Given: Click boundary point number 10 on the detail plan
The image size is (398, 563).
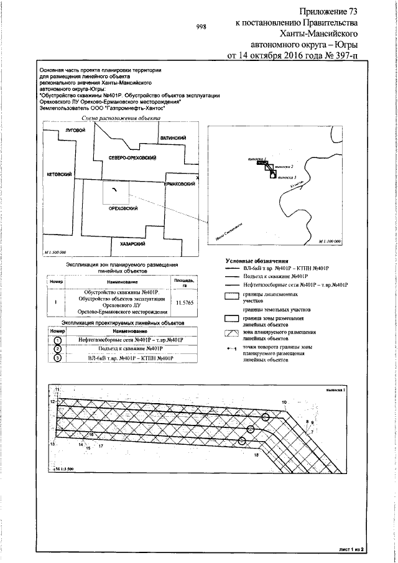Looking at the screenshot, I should pyautogui.click(x=284, y=402).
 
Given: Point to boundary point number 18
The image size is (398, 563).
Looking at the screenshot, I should pyautogui.click(x=256, y=455).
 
